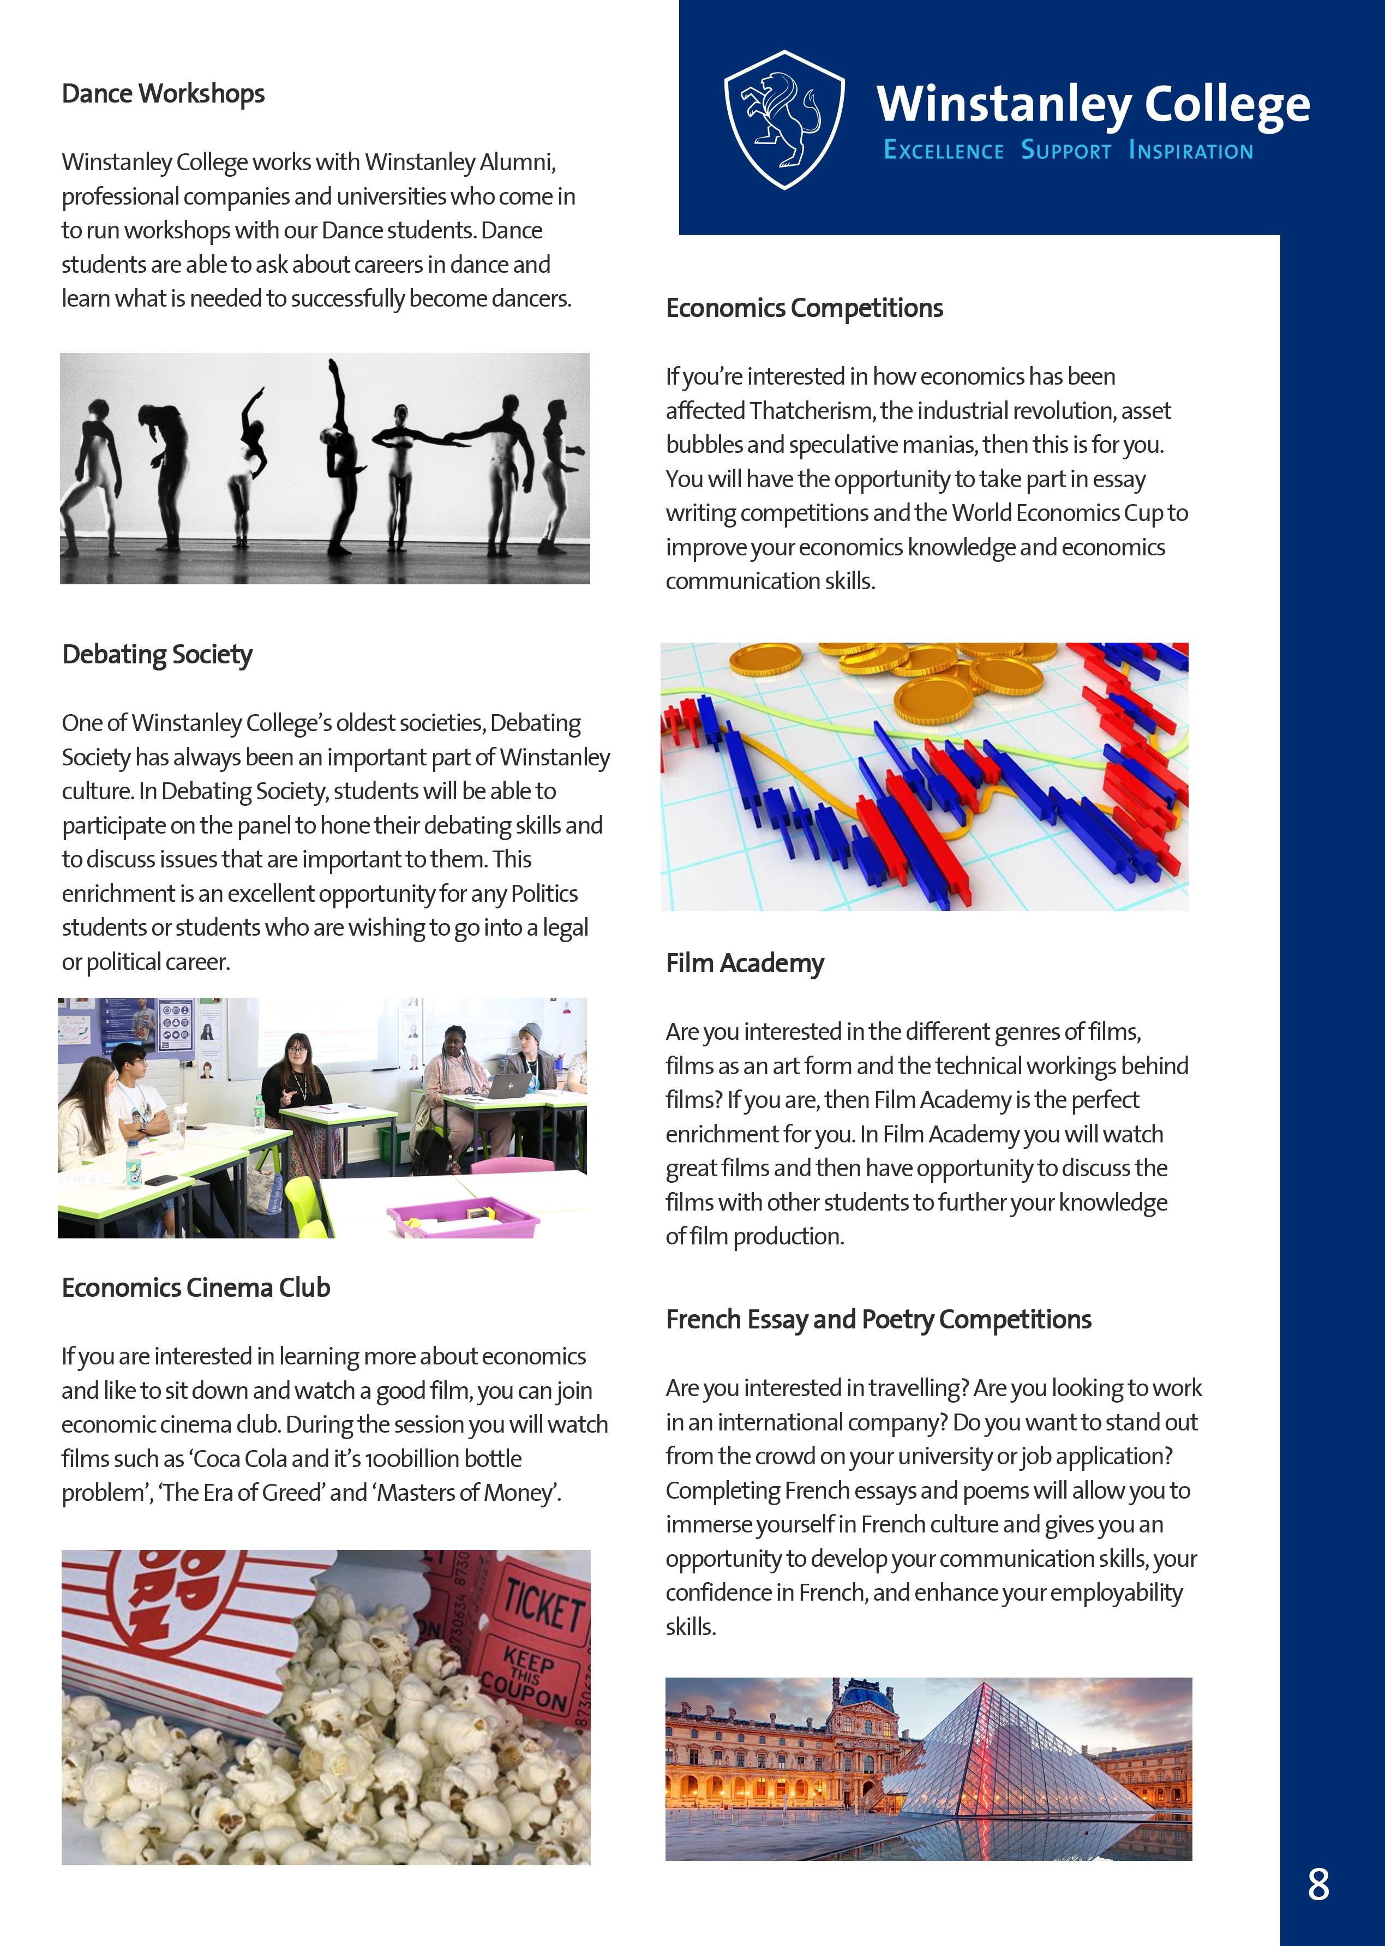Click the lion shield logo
[784, 119]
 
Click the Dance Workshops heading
[163, 94]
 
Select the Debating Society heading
[157, 655]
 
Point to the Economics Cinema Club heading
[195, 1288]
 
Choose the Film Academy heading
[745, 963]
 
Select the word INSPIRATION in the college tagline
[1191, 151]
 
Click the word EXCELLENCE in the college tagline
[943, 151]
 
